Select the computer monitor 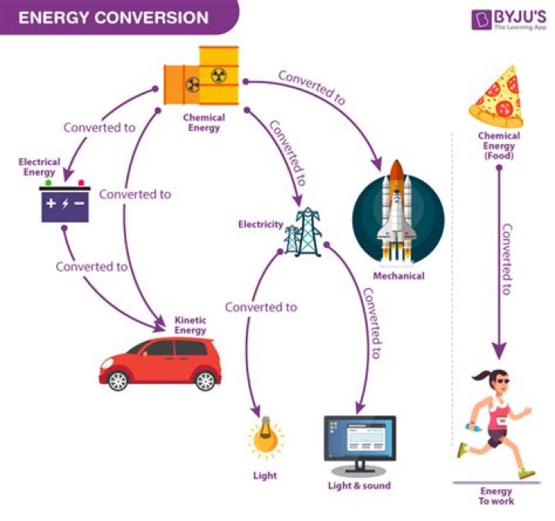tap(359, 444)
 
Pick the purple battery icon tap(66, 204)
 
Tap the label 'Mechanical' tap(398, 275)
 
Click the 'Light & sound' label tap(359, 486)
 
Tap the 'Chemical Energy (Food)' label tap(499, 145)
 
